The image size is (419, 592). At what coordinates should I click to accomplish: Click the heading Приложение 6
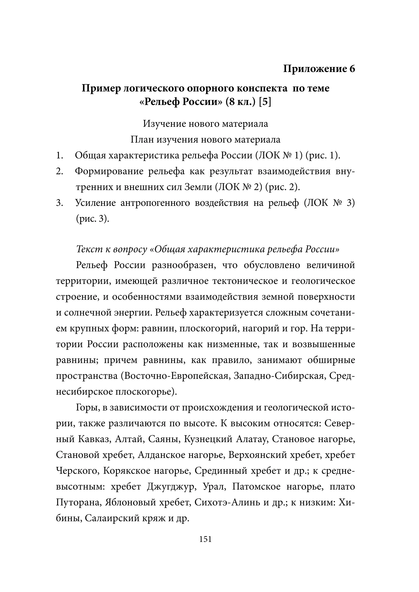tap(319, 69)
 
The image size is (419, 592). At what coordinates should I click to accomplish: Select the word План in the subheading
tap(141, 140)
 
